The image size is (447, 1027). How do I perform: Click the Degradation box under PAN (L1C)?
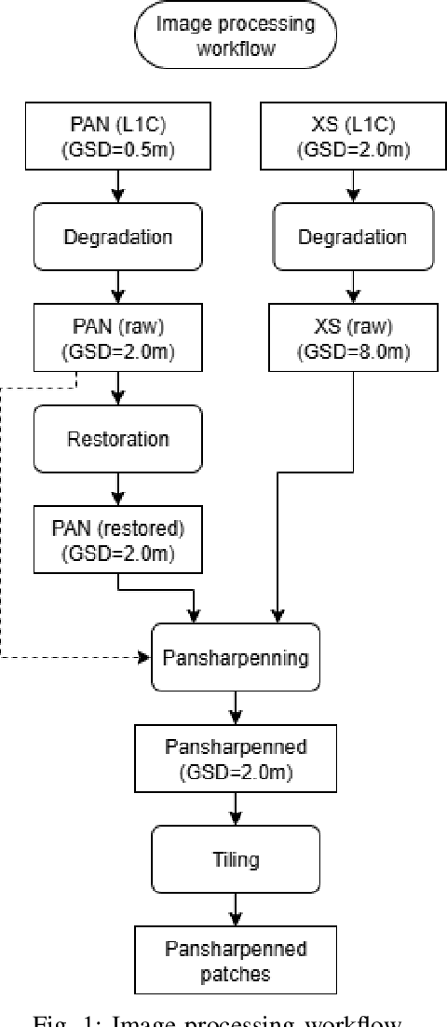click(x=117, y=236)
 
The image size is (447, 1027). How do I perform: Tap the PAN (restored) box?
click(x=117, y=538)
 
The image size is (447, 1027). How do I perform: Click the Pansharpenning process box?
click(x=236, y=658)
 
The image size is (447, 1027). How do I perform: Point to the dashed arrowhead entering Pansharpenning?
click(x=145, y=658)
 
